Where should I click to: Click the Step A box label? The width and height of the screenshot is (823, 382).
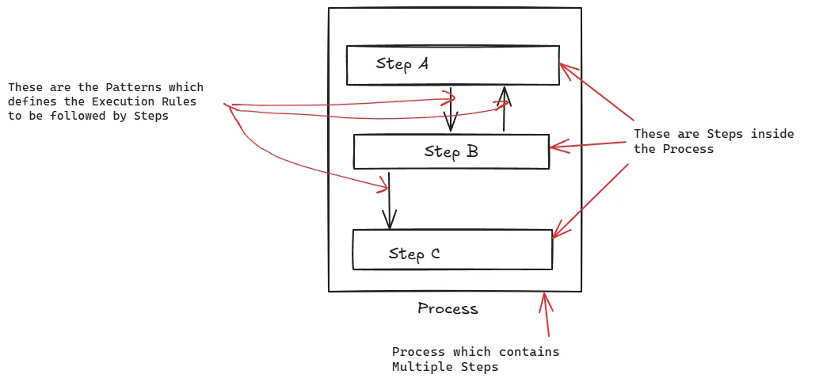coord(402,64)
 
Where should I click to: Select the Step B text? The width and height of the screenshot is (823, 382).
coord(451,151)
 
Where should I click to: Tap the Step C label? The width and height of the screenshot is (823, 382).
coord(414,254)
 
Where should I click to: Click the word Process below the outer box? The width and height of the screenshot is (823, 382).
coord(448,308)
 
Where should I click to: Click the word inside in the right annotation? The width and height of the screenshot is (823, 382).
coord(772,134)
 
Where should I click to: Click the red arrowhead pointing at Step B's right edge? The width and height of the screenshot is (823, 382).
coord(556,146)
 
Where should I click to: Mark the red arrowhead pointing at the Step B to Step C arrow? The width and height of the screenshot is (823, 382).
coord(383,187)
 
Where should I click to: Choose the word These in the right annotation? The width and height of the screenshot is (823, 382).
coord(650,134)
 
